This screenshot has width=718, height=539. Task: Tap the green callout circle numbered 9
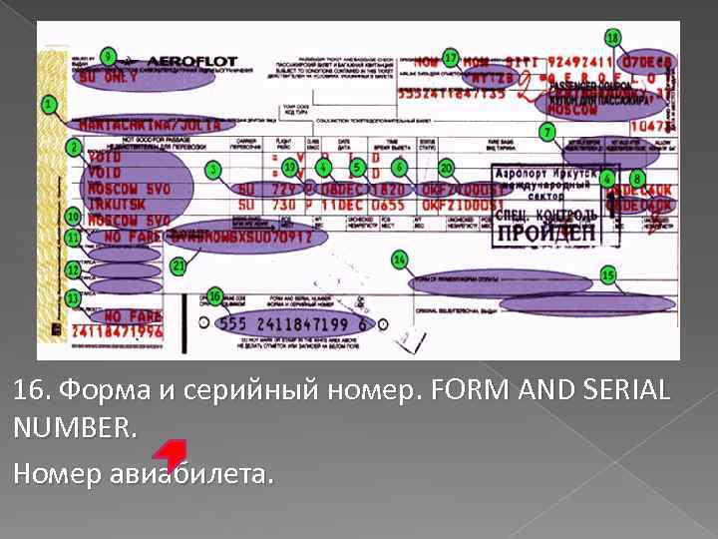[x=108, y=56]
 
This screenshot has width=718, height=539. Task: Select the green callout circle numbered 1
[x=49, y=104]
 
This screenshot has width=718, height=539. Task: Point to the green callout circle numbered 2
[x=74, y=148]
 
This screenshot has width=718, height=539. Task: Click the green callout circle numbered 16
[x=214, y=296]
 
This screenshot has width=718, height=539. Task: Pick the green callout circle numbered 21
[x=179, y=267]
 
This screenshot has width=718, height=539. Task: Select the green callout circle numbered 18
[x=612, y=38]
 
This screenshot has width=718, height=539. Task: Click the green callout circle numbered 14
[x=399, y=260]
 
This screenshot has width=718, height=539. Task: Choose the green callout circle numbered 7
[x=546, y=132]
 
